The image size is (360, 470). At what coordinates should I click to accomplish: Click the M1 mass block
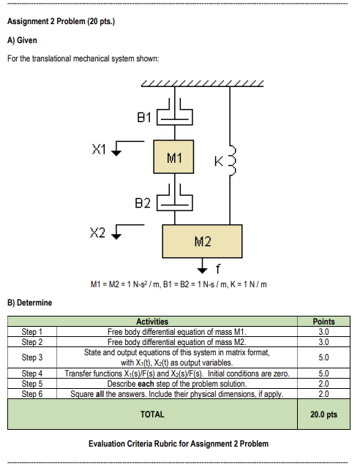click(x=174, y=157)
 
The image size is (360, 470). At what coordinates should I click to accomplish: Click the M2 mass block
click(x=202, y=240)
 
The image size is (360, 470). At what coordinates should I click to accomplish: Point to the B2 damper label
click(x=144, y=200)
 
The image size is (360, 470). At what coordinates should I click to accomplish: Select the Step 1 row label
click(x=32, y=331)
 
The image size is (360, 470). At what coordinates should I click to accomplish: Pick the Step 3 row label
click(x=32, y=357)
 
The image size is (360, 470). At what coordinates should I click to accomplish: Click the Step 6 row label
click(x=32, y=394)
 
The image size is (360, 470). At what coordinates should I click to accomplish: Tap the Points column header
click(x=323, y=322)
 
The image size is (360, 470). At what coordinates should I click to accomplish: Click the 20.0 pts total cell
click(x=323, y=414)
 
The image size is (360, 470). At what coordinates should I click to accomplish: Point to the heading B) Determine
click(x=29, y=302)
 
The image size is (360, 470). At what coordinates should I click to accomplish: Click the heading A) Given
click(x=22, y=39)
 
